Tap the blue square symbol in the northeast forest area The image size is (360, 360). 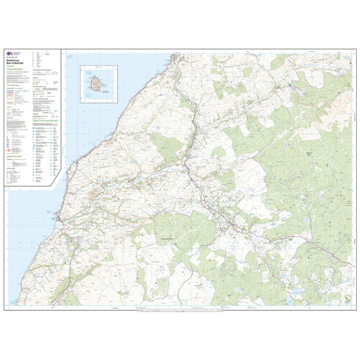point(288,84)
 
